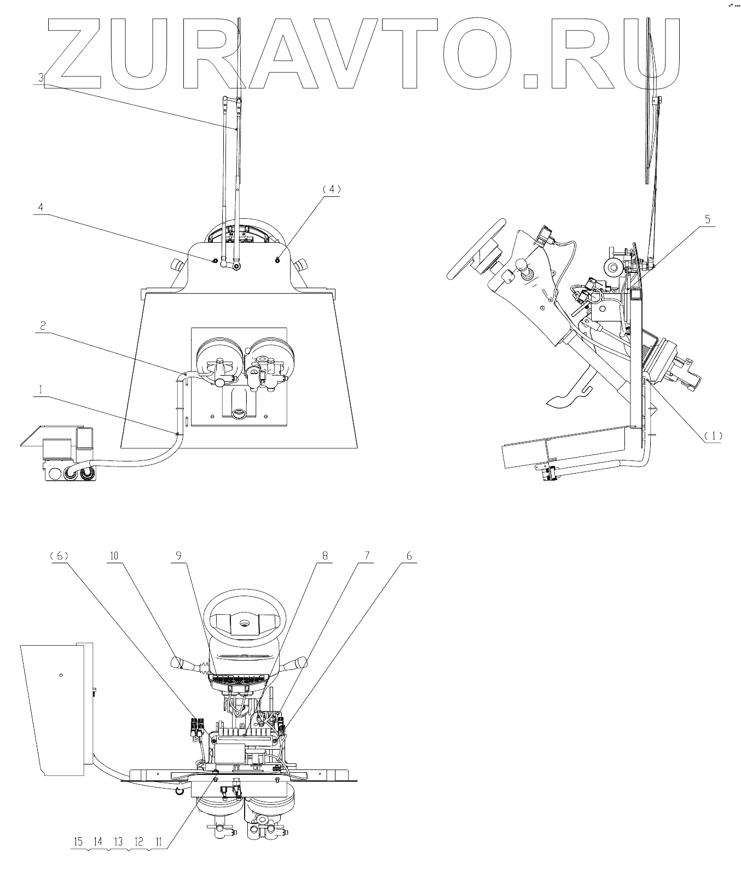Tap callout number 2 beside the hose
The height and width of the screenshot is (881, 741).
[42, 325]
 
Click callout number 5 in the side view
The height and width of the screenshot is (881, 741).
[708, 220]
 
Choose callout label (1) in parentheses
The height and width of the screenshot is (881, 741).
[713, 436]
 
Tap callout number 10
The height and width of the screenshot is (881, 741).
[114, 555]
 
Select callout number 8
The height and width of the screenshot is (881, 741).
[325, 555]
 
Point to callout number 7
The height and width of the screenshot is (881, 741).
[367, 555]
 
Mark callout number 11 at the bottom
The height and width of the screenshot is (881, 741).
[159, 841]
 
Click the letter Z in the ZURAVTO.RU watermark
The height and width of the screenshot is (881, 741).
[74, 53]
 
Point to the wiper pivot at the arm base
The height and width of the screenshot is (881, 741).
[236, 266]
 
